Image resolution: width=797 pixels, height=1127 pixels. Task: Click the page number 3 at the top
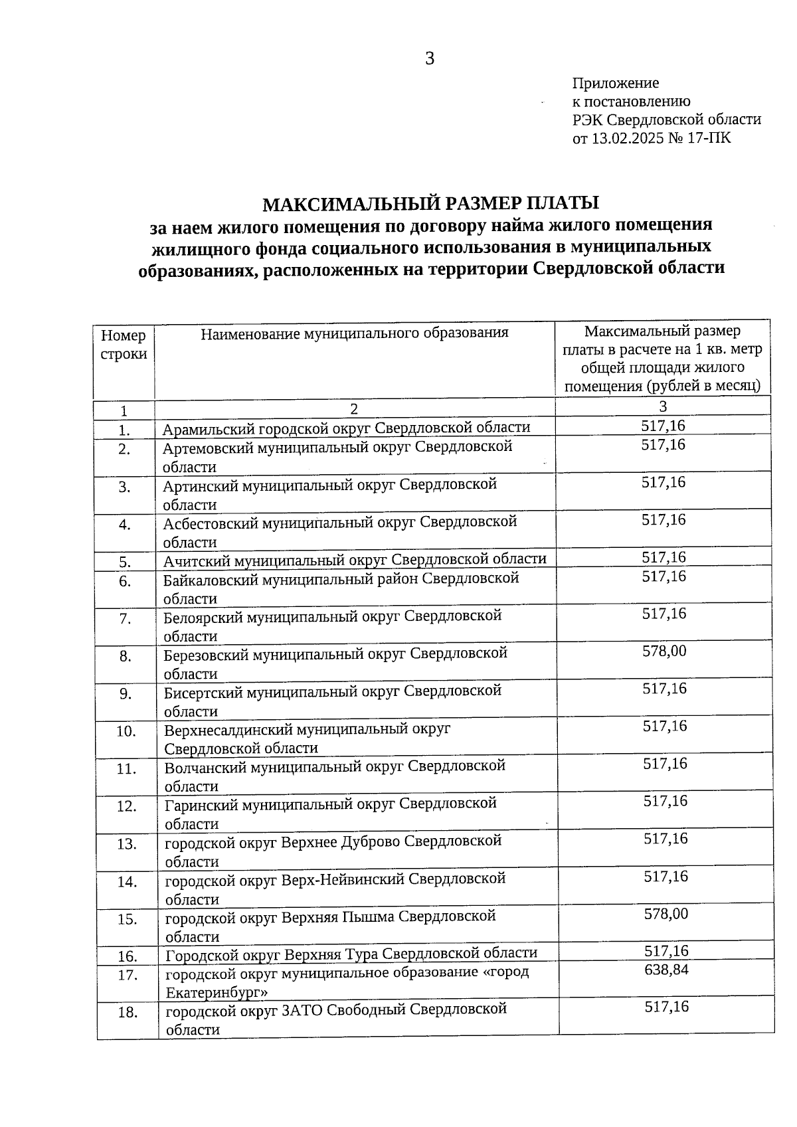[x=430, y=59]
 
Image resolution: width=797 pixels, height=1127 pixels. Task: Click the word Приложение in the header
[x=615, y=83]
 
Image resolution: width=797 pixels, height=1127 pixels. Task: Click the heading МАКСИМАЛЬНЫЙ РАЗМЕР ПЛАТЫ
[x=430, y=203]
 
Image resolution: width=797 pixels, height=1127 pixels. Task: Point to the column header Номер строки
[x=124, y=345]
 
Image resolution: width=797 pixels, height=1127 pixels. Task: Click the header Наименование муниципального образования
[x=355, y=333]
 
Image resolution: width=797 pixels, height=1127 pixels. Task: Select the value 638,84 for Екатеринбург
[x=666, y=970]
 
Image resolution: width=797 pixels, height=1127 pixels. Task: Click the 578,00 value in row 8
[x=664, y=651]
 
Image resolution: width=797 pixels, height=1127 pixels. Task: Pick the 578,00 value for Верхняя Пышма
[x=665, y=914]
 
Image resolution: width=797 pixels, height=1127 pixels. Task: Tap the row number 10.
[x=126, y=731]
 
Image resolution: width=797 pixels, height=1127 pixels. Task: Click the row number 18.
[x=128, y=1013]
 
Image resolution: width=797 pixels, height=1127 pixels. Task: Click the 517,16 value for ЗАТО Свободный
[x=667, y=1007]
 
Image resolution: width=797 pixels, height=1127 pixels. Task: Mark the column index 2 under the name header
[x=354, y=408]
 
